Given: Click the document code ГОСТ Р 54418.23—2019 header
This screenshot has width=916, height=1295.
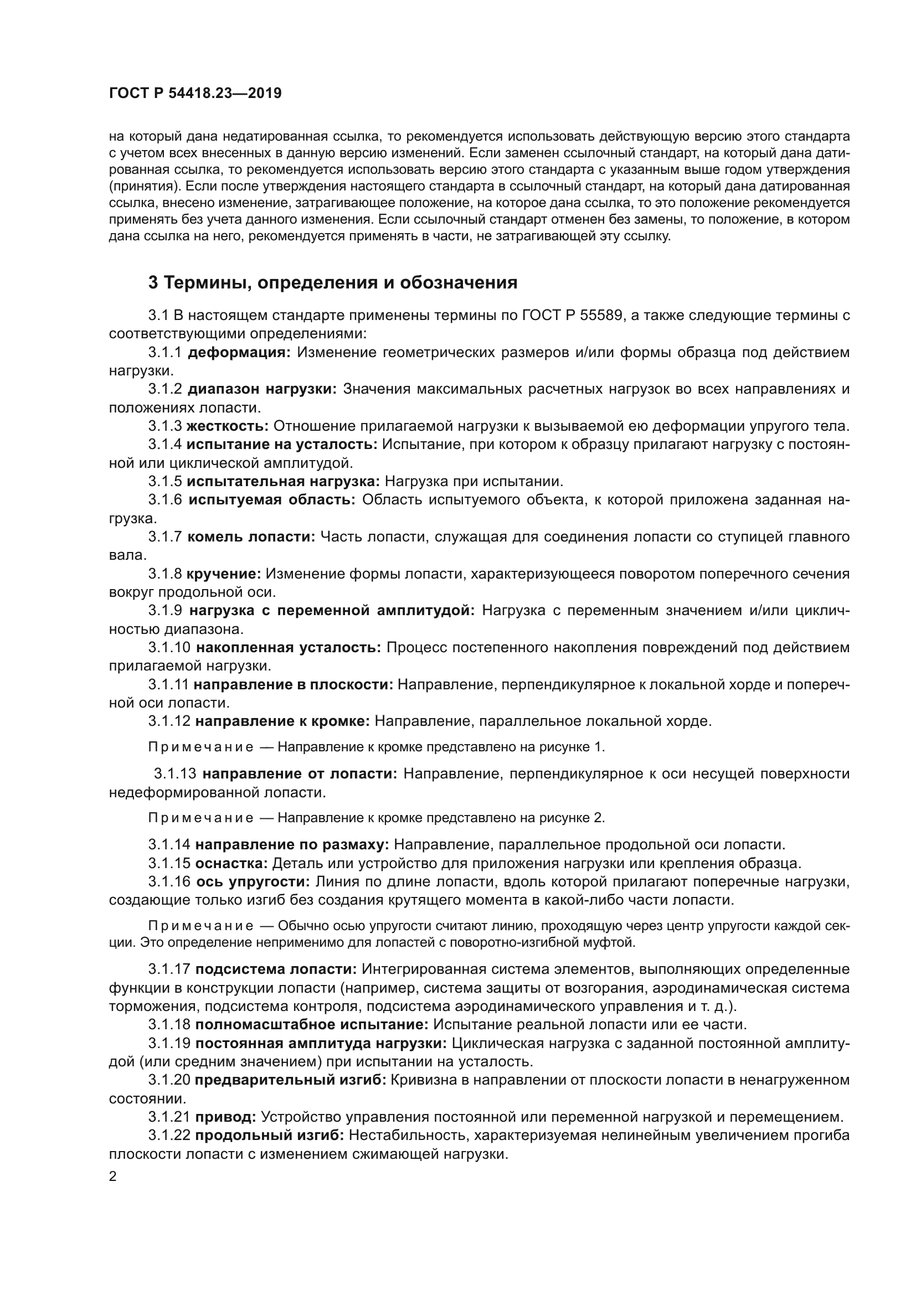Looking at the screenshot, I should tap(195, 94).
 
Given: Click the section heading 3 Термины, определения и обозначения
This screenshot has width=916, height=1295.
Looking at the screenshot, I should tap(332, 282).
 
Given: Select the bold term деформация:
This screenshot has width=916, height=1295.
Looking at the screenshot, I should tap(239, 353).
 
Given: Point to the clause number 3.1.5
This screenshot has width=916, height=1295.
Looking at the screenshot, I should tap(164, 482).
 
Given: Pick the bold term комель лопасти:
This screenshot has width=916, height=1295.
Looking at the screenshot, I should tap(251, 537).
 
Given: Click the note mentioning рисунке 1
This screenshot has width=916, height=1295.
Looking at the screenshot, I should tap(376, 747).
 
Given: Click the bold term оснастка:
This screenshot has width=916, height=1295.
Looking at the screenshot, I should tap(232, 864).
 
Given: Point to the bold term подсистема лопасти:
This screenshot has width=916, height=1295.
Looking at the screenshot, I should tap(276, 969).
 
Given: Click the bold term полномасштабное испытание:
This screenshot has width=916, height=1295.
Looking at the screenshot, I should tap(312, 1025).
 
